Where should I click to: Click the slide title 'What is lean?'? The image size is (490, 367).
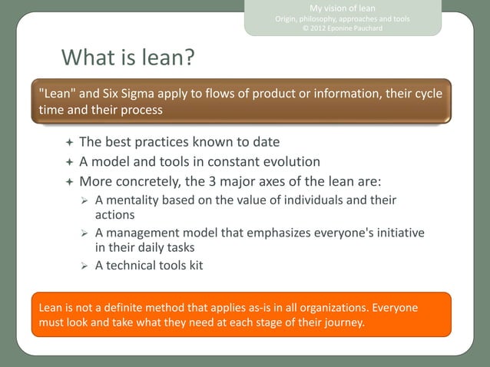pos(127,58)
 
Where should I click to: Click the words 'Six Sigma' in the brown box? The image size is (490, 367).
pos(133,94)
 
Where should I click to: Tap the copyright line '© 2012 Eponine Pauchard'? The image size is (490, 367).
pos(343,29)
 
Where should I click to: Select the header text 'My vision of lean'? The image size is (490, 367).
pos(343,8)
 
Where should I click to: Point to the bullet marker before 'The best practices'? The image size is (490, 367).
pos(69,143)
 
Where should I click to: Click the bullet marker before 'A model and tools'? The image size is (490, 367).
pos(69,163)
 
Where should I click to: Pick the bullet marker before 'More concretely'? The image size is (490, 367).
pos(69,182)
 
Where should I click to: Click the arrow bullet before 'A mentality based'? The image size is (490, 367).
pos(85,200)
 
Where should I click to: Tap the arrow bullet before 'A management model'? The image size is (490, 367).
pos(85,233)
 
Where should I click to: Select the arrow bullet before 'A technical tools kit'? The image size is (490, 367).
pos(85,266)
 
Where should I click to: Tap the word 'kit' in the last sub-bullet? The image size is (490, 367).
pos(194,266)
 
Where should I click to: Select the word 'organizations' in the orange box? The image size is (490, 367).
pos(295,308)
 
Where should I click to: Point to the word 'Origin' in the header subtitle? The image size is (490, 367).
pos(289,18)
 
